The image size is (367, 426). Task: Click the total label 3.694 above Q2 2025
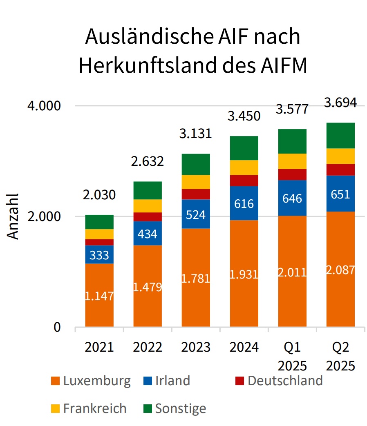tap(340, 103)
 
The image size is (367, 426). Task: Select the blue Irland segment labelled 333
tap(99, 254)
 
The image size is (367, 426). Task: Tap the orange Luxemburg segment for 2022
tap(148, 286)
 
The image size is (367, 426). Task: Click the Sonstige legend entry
tap(175, 408)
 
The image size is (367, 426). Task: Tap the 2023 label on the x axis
tap(196, 347)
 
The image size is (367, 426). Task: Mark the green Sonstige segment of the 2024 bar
tap(244, 148)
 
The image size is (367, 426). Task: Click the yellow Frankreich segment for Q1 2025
tap(292, 161)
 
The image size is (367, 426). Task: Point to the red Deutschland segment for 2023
tap(196, 194)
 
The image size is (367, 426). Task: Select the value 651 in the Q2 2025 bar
tap(340, 194)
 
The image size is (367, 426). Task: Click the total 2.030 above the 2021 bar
tap(99, 195)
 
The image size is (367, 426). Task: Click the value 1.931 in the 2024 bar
tap(244, 274)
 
